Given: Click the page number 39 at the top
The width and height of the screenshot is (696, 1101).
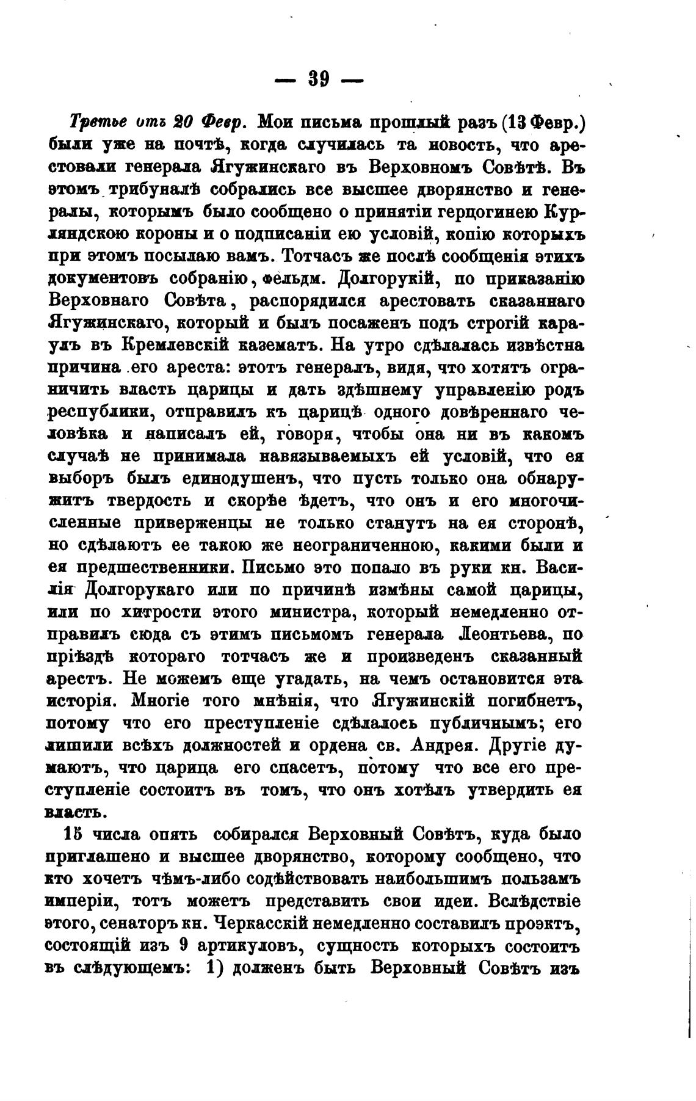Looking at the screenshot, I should [319, 79].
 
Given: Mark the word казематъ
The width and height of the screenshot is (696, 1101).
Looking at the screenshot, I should [278, 345].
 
